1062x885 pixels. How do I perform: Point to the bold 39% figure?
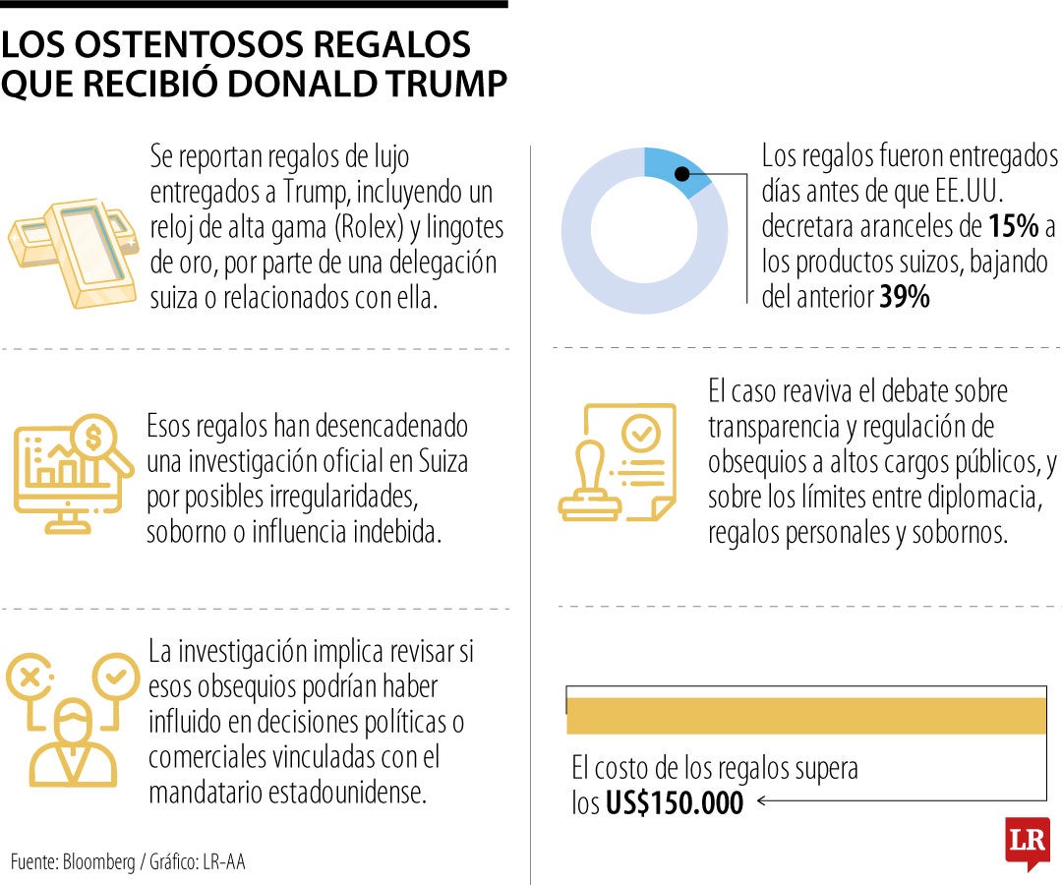pyautogui.click(x=904, y=298)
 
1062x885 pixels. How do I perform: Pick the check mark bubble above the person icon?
pyautogui.click(x=115, y=677)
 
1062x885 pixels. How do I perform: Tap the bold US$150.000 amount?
pyautogui.click(x=675, y=802)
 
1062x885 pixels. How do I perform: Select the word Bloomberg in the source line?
pyautogui.click(x=98, y=862)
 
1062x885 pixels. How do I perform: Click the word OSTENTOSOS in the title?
pyautogui.click(x=218, y=45)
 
